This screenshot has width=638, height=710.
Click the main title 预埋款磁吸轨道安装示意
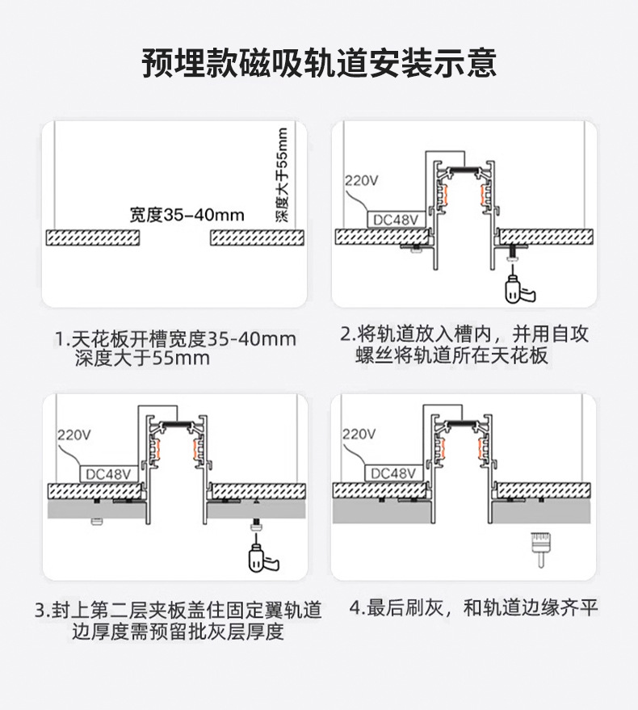[318, 63]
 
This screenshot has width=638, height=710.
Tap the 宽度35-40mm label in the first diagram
[187, 215]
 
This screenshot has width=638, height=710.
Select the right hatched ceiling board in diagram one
[258, 237]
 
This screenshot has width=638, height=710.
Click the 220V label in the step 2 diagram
[361, 181]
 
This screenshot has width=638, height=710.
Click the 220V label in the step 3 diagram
[73, 435]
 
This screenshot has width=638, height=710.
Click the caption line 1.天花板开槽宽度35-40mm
[175, 338]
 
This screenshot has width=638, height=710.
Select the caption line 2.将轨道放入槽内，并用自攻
[464, 334]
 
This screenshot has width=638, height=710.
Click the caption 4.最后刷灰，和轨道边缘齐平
[474, 607]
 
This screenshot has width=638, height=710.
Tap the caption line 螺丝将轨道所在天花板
[452, 355]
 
